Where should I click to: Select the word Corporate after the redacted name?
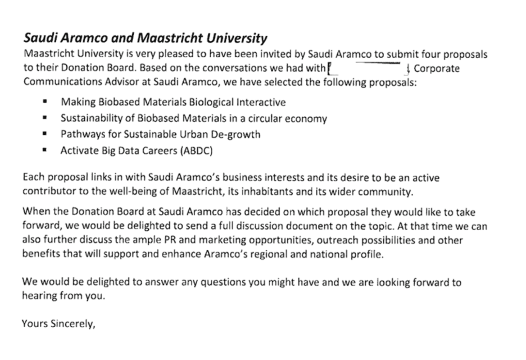pyautogui.click(x=436, y=69)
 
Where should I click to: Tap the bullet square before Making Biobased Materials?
pyautogui.click(x=46, y=102)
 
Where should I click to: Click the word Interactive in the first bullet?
pyautogui.click(x=261, y=102)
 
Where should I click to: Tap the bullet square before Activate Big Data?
pyautogui.click(x=46, y=150)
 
